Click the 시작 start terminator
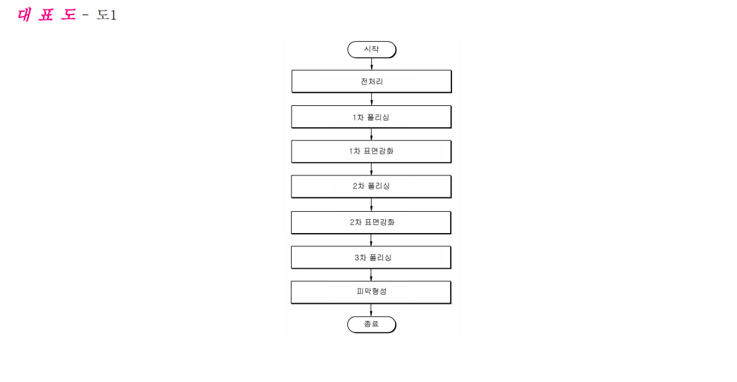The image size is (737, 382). click(x=372, y=49)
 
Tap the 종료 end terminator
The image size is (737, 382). click(x=372, y=324)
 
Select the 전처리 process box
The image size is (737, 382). click(x=372, y=81)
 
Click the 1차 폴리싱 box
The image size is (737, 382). click(x=371, y=117)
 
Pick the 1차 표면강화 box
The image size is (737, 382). click(x=371, y=152)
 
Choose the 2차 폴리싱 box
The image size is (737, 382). click(x=371, y=186)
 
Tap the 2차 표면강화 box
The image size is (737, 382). click(x=371, y=222)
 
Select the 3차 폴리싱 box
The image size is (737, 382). click(x=371, y=258)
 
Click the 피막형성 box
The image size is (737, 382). click(x=371, y=293)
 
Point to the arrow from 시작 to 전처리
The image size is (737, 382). click(x=372, y=64)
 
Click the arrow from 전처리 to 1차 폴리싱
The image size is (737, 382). click(x=372, y=99)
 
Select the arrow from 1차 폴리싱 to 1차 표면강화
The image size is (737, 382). click(x=371, y=134)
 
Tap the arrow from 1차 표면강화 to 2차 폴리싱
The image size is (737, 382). click(x=371, y=169)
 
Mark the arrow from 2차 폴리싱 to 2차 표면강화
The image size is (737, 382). click(x=371, y=205)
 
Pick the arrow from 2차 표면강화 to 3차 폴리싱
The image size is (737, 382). click(x=371, y=240)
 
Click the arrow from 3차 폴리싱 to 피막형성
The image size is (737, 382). click(x=371, y=275)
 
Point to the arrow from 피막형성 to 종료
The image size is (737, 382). click(x=371, y=310)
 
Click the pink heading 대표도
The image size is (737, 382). click(x=46, y=15)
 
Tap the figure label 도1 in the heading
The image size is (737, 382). click(x=107, y=15)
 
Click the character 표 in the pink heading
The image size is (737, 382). click(x=46, y=15)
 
